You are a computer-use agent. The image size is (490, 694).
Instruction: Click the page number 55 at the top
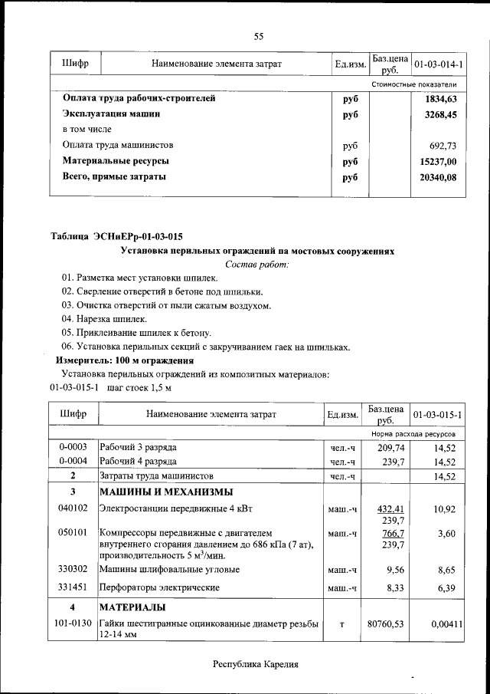259,36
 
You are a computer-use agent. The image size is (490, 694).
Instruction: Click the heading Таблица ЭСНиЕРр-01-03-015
116,235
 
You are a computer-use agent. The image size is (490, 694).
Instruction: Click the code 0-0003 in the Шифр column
73,446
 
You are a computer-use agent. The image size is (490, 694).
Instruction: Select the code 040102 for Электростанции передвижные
73,508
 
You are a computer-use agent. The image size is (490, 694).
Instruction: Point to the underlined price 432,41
388,508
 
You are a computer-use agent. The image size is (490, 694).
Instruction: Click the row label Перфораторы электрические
160,587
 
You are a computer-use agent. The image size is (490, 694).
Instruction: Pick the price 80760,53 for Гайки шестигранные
385,625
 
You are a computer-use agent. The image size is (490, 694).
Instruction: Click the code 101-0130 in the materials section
73,625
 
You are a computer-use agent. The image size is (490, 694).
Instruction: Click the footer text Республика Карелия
254,664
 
